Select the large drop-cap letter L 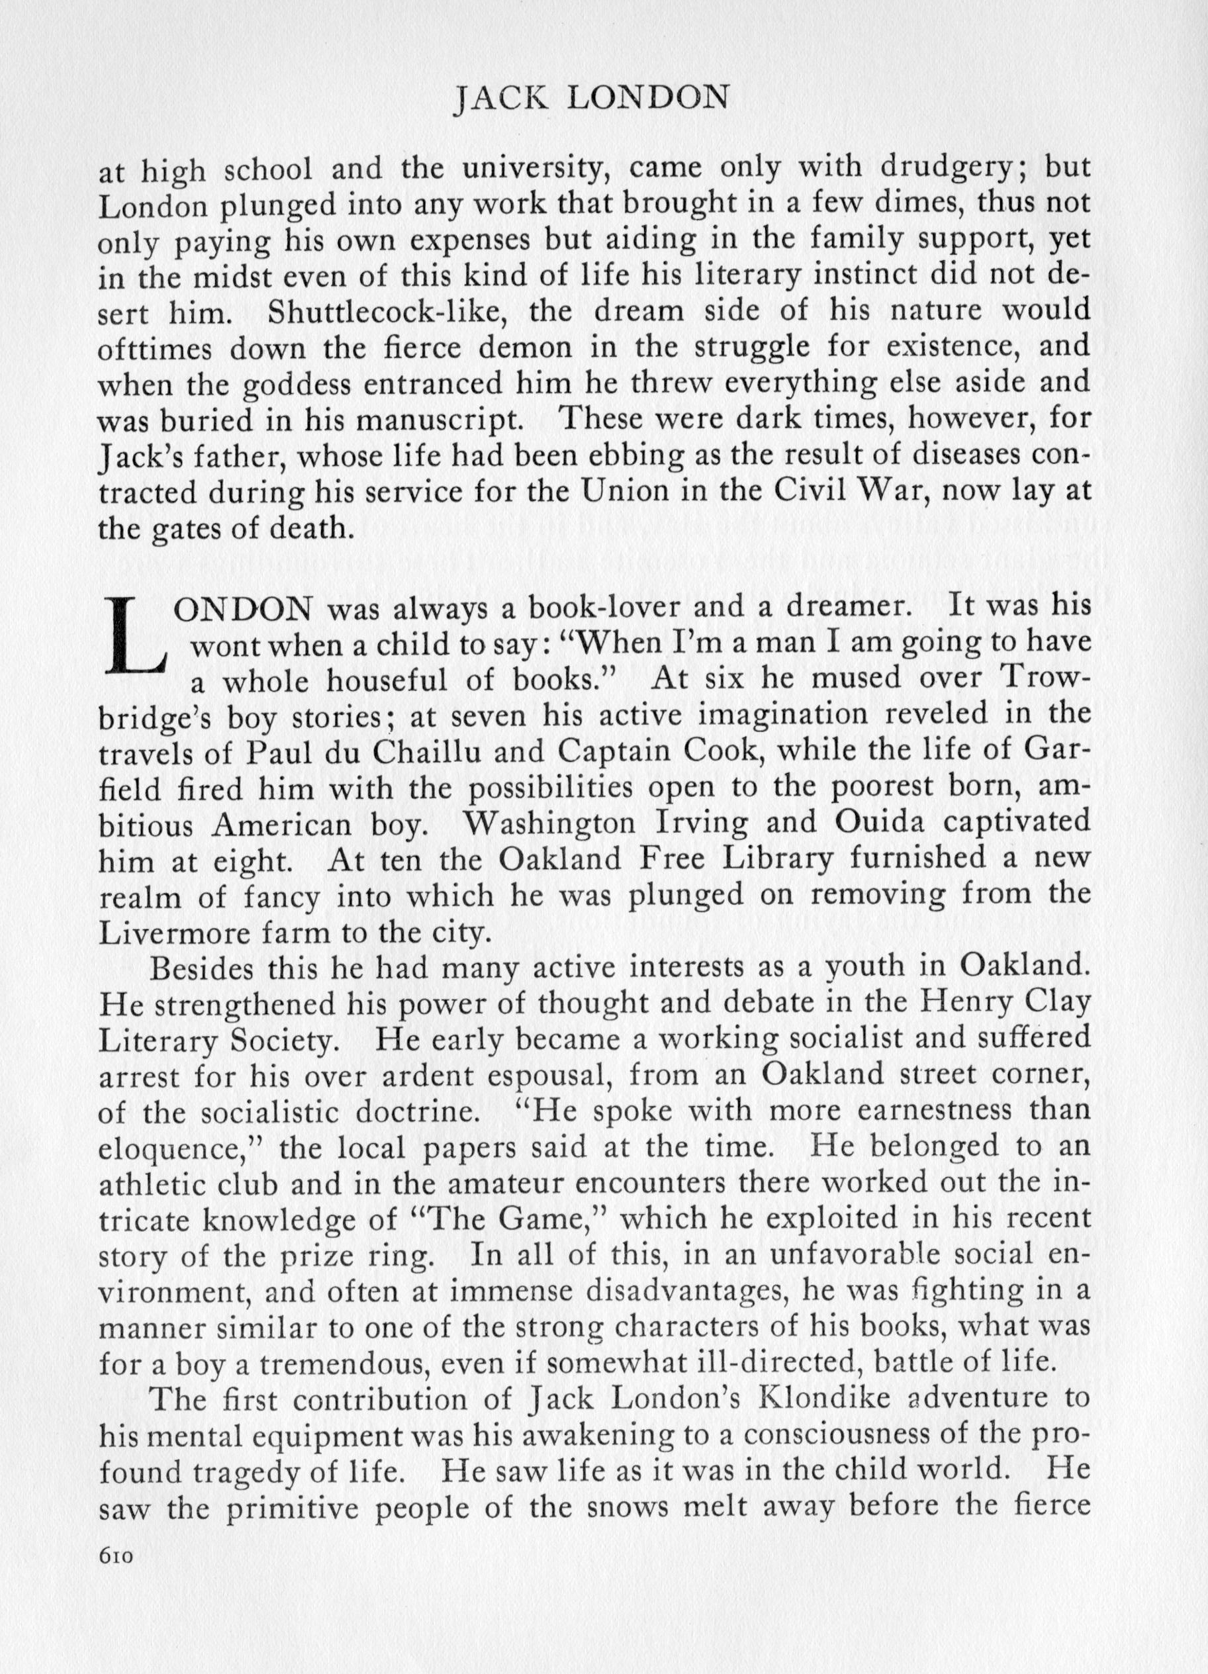pyautogui.click(x=138, y=637)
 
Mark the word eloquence pyautogui.click(x=176, y=1148)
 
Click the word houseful pyautogui.click(x=387, y=680)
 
